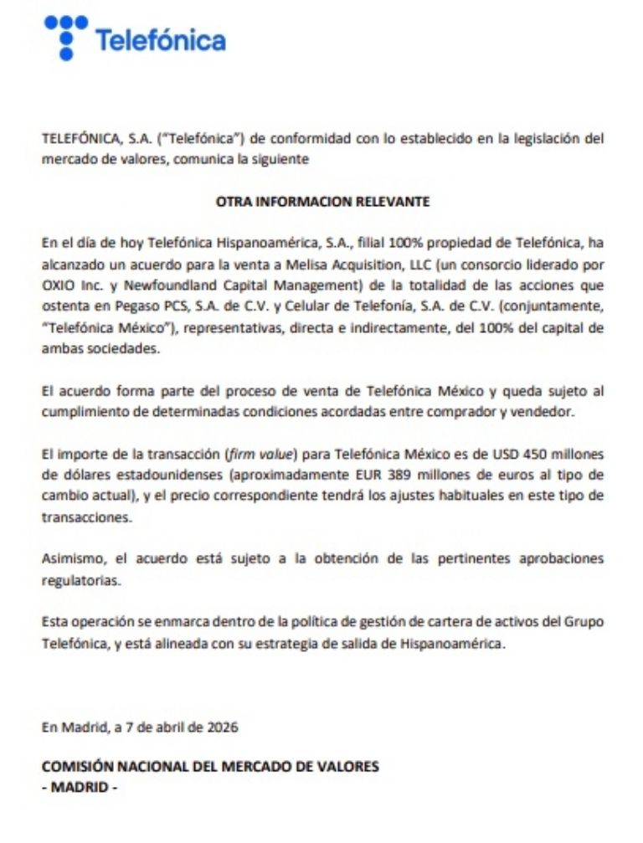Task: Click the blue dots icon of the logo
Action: point(66,36)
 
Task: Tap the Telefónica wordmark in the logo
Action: point(160,40)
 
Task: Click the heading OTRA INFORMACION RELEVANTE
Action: point(322,202)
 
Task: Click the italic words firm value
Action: point(260,455)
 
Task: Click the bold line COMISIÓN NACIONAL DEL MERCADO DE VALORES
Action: point(209,766)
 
